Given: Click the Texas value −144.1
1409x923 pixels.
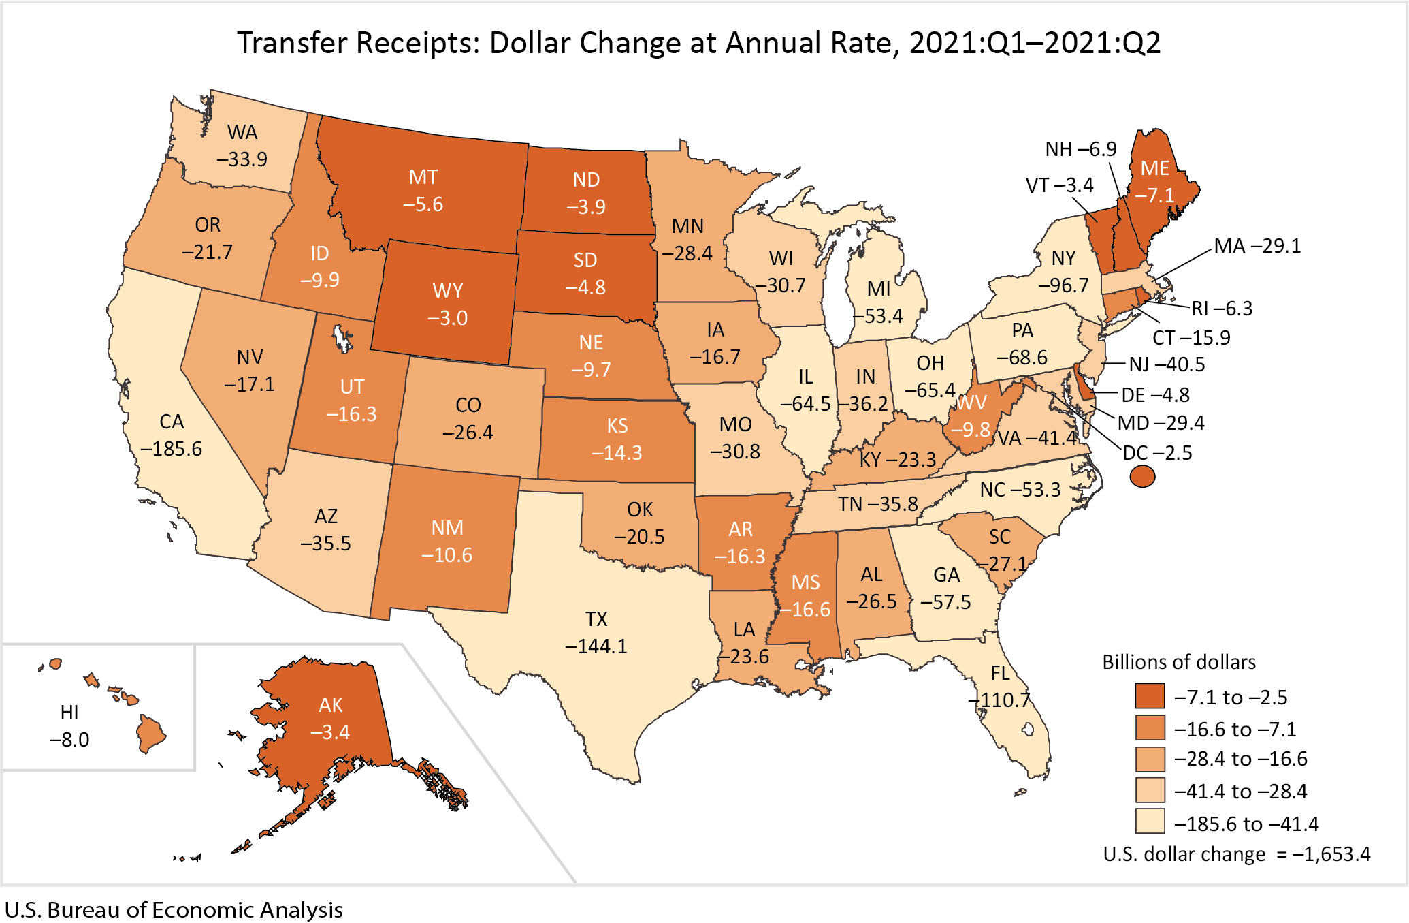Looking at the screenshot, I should point(596,646).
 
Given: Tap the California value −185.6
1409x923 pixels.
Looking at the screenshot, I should point(171,449).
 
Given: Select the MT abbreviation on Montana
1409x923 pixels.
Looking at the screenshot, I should point(423,177).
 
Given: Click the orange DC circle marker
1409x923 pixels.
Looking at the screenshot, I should point(1142,476).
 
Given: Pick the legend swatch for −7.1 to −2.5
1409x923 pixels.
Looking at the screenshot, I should point(1150,696).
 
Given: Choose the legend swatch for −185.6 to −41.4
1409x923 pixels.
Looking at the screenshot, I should point(1150,822).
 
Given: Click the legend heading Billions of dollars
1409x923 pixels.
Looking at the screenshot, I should point(1179,662).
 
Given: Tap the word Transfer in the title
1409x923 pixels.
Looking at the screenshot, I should point(293,43).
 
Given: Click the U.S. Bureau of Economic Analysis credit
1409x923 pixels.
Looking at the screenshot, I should point(174,910).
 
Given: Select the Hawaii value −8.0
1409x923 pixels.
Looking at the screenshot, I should point(69,740).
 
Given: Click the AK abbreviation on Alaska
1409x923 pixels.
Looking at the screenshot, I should point(331,705).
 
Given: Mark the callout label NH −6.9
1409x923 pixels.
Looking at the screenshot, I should point(1081,149).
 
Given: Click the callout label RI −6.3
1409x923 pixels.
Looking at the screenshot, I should point(1222,309).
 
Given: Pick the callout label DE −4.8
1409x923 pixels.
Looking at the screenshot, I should point(1155,395).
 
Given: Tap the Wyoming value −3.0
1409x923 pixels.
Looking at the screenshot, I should point(447,318).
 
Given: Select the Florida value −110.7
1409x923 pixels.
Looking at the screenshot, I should point(999,700).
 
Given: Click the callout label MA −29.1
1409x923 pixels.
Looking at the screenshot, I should point(1257,246).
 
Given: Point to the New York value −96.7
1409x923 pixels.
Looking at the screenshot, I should point(1063,285).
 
